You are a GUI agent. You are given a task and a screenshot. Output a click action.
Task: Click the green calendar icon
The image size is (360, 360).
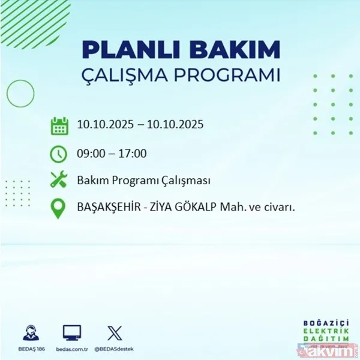tap(59, 126)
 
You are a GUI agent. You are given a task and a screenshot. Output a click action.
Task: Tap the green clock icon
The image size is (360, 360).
tap(59, 154)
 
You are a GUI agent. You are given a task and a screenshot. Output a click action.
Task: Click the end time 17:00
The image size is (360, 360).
tap(133, 154)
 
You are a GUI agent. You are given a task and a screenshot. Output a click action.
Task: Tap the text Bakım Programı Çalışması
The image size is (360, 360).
tap(143, 181)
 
